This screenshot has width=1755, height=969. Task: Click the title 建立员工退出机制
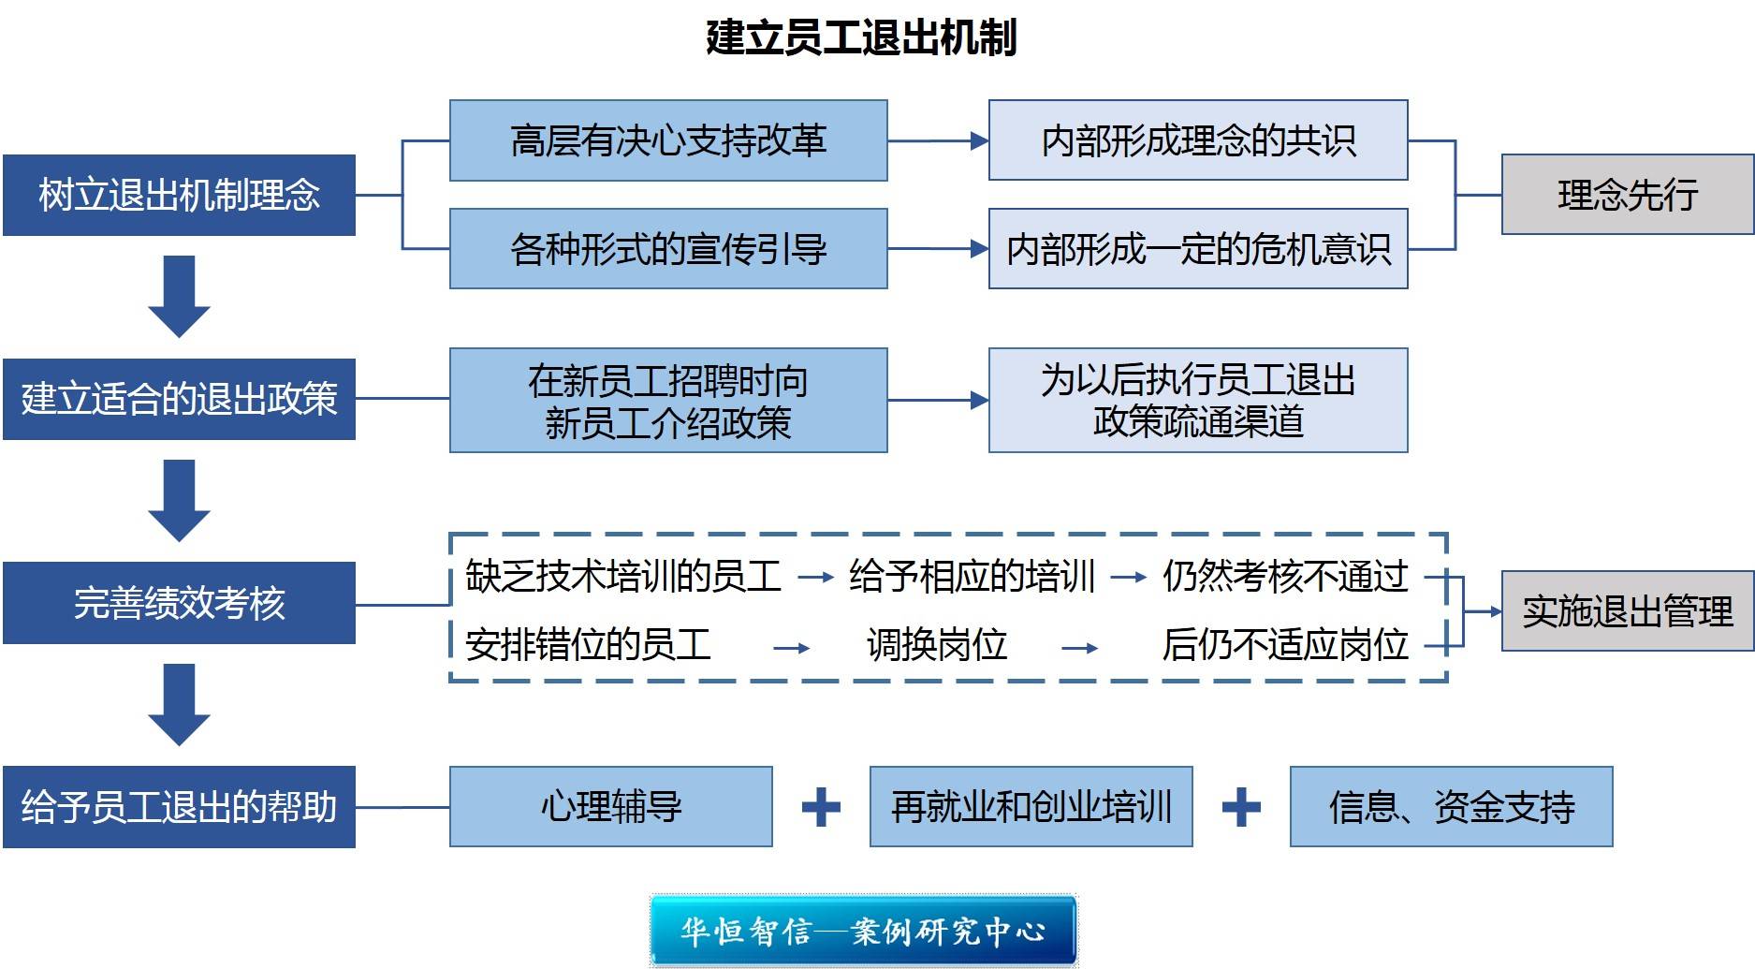pyautogui.click(x=861, y=37)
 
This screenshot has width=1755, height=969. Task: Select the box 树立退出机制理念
pyautogui.click(x=179, y=195)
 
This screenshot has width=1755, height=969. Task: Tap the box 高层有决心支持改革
pyautogui.click(x=668, y=140)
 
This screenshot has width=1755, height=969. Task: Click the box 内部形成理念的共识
pyautogui.click(x=1198, y=140)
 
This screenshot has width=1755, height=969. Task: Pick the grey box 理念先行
pyautogui.click(x=1627, y=195)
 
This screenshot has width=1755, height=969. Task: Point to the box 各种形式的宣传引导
pyautogui.click(x=668, y=249)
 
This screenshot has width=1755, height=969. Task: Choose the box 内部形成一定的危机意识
pyautogui.click(x=1198, y=249)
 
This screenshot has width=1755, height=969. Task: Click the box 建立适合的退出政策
pyautogui.click(x=179, y=399)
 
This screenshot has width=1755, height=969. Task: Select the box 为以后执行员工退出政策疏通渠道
pyautogui.click(x=1198, y=401)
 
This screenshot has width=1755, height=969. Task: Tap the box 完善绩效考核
pyautogui.click(x=179, y=603)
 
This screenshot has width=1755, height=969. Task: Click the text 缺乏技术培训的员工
pyautogui.click(x=623, y=576)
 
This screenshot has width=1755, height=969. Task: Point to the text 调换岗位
pyautogui.click(x=936, y=645)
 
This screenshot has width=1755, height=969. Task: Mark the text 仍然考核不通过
pyautogui.click(x=1285, y=576)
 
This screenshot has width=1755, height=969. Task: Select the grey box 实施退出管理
pyautogui.click(x=1627, y=611)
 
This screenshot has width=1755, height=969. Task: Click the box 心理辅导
pyautogui.click(x=610, y=807)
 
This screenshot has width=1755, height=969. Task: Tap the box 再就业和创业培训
pyautogui.click(x=1031, y=807)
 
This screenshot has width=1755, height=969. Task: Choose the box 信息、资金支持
pyautogui.click(x=1451, y=807)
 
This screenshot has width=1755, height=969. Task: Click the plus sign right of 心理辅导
pyautogui.click(x=821, y=807)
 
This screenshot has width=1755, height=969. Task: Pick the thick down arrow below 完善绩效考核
pyautogui.click(x=179, y=704)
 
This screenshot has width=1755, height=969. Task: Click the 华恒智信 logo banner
pyautogui.click(x=862, y=931)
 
